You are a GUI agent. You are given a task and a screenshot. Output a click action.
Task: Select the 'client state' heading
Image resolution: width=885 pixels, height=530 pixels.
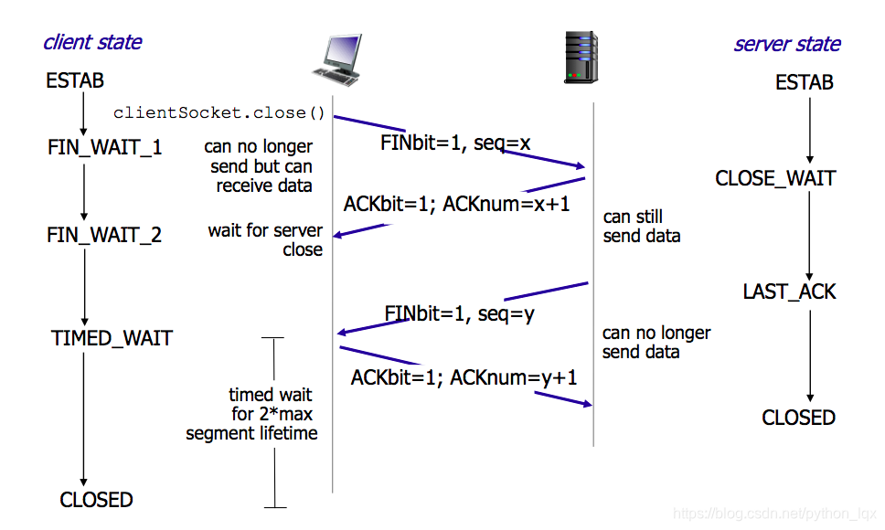92,42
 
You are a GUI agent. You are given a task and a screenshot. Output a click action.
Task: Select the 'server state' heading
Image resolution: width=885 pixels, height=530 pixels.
787,44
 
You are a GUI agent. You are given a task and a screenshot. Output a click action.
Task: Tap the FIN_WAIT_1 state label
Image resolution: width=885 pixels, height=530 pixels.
105,146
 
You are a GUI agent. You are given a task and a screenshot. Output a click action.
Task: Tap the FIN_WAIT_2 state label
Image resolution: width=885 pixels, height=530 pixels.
104,235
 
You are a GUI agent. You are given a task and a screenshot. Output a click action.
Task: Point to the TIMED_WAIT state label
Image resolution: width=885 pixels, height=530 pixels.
112,338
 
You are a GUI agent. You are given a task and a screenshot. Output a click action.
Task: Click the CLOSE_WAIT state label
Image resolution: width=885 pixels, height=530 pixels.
775,178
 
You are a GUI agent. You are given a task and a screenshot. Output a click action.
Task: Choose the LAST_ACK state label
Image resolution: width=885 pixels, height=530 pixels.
789,291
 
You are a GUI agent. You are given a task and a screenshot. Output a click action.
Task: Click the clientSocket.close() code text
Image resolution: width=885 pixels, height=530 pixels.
219,113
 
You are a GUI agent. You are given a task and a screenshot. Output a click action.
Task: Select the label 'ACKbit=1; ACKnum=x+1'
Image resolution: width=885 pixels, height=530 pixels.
456,204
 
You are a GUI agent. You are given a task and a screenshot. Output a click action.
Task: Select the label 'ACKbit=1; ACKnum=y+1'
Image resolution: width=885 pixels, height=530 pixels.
464,376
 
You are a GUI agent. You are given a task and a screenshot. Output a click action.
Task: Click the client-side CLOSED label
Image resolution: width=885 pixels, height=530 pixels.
96,500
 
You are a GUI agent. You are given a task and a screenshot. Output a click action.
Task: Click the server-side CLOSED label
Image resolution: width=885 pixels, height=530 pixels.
798,418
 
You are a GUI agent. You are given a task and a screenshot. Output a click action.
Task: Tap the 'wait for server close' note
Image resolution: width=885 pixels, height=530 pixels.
265,240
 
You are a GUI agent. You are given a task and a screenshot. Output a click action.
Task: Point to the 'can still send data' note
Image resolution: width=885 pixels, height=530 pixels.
641,227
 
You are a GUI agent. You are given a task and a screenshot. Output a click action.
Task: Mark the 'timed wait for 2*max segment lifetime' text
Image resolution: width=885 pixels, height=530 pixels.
252,414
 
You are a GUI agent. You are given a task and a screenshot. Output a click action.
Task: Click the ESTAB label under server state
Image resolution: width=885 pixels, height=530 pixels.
805,83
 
